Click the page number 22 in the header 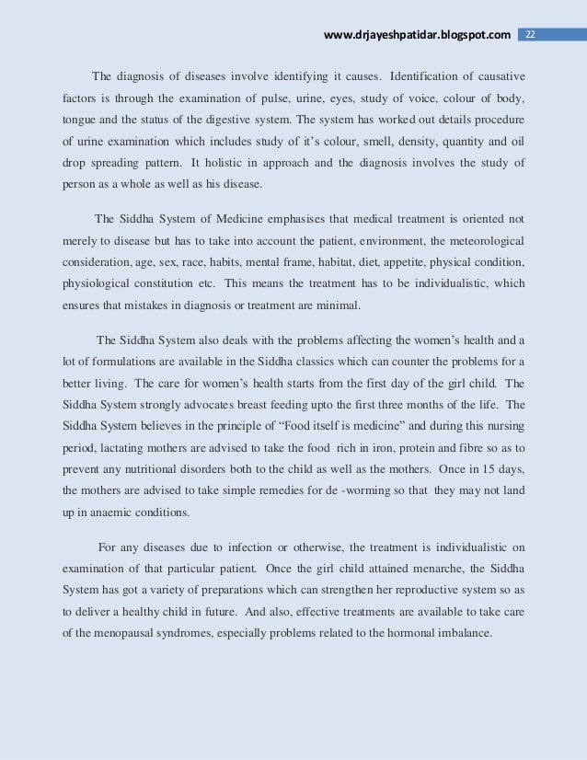[530, 35]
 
